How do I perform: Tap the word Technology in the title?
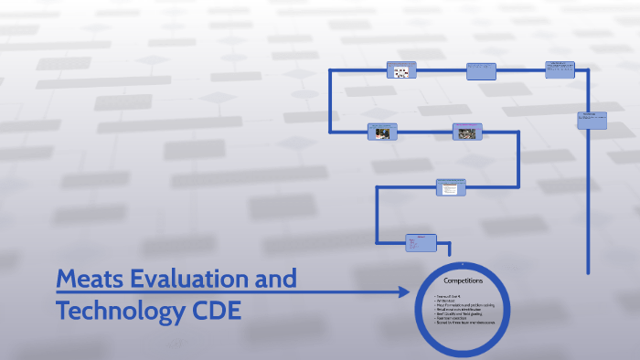120,312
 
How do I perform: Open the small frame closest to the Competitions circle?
421,242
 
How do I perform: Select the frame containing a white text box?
449,188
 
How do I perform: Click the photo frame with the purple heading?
467,132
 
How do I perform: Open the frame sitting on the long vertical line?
592,119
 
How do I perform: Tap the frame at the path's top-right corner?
560,69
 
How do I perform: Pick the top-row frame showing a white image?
400,70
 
